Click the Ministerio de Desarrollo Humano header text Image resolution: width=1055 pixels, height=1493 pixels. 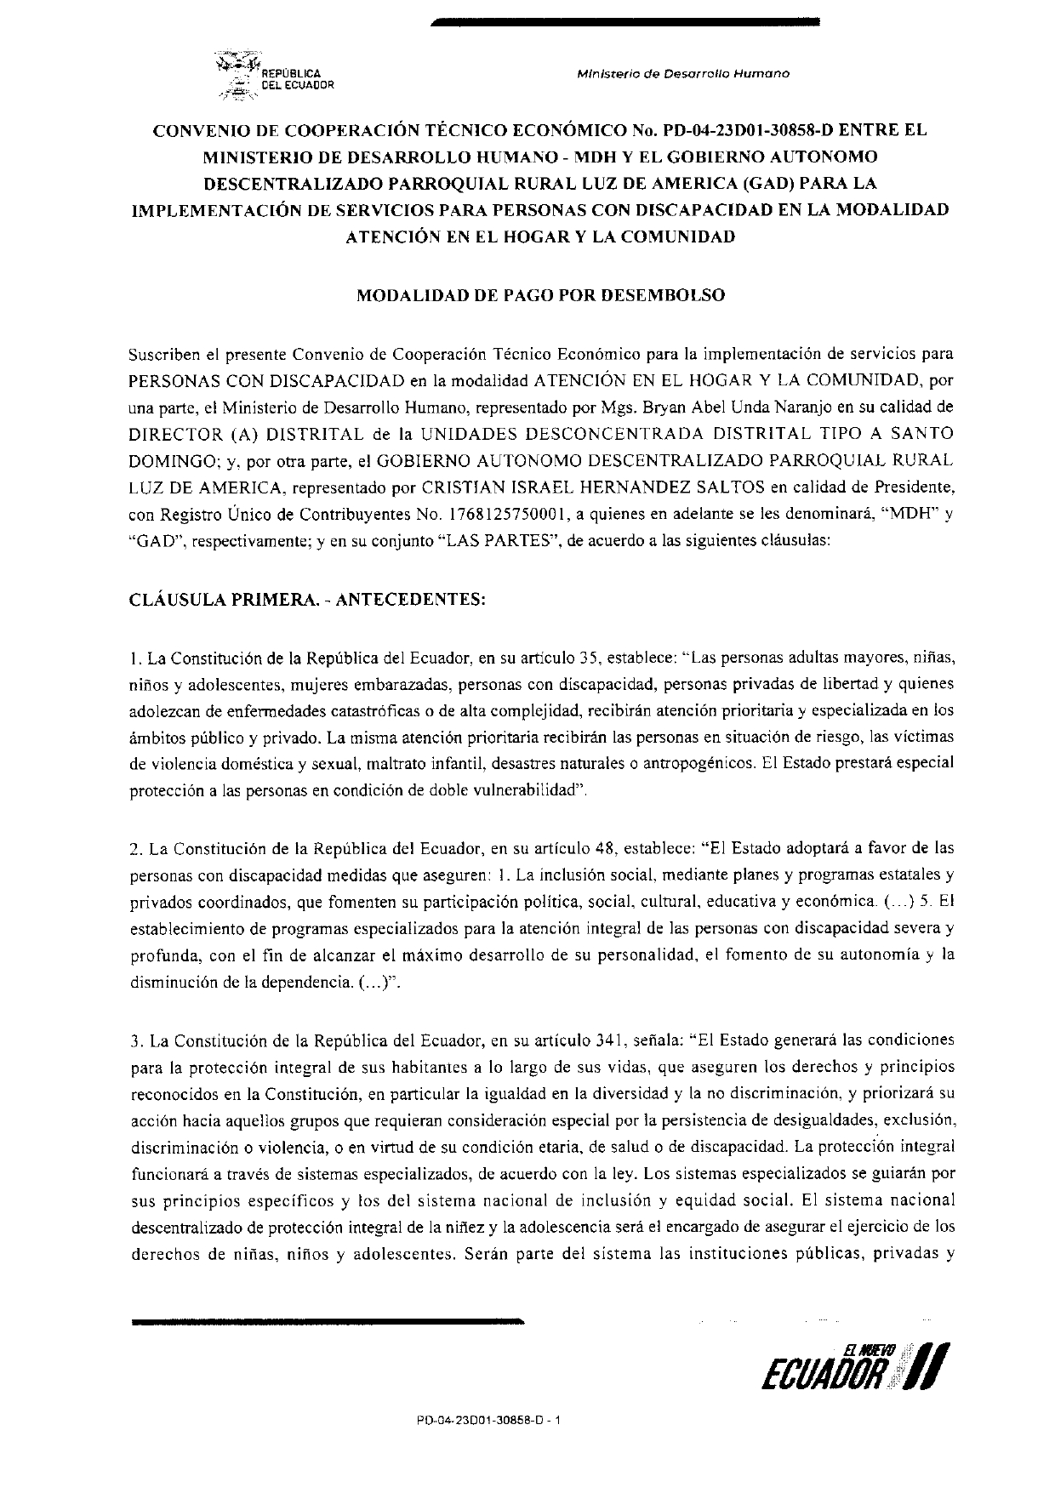tap(682, 73)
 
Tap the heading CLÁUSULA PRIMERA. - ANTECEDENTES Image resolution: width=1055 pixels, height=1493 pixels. tap(307, 599)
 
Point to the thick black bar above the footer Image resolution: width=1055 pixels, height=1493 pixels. tap(328, 1322)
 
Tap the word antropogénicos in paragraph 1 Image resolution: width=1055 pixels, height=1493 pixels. tap(691, 763)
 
